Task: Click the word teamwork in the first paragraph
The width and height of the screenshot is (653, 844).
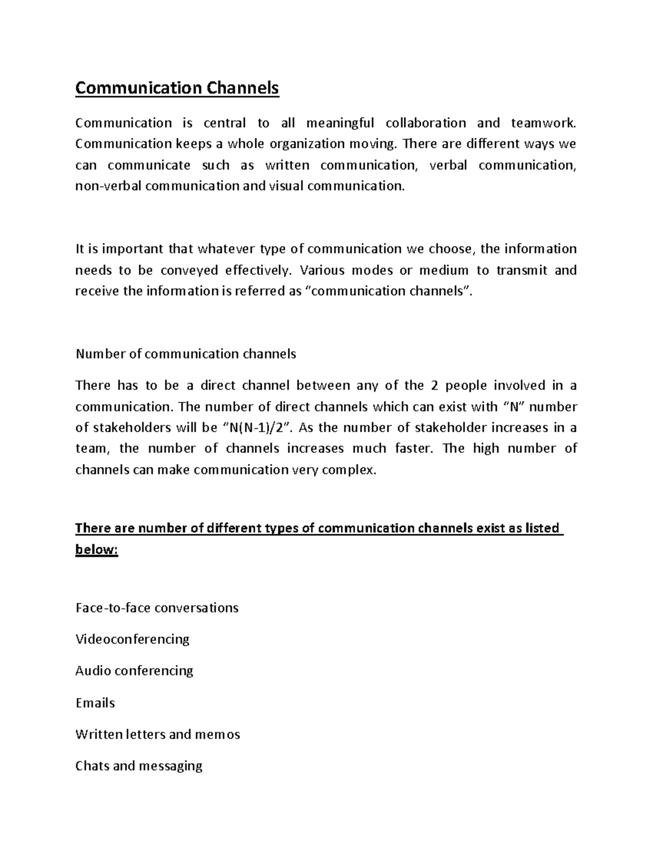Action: (x=543, y=123)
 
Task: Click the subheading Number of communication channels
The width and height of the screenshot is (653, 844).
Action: (x=186, y=354)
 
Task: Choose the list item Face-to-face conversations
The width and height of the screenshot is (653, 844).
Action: (x=157, y=608)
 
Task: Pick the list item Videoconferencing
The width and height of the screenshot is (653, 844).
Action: (x=132, y=639)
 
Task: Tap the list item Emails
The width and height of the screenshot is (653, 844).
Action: (x=95, y=703)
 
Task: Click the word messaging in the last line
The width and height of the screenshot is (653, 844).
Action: (x=171, y=766)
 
